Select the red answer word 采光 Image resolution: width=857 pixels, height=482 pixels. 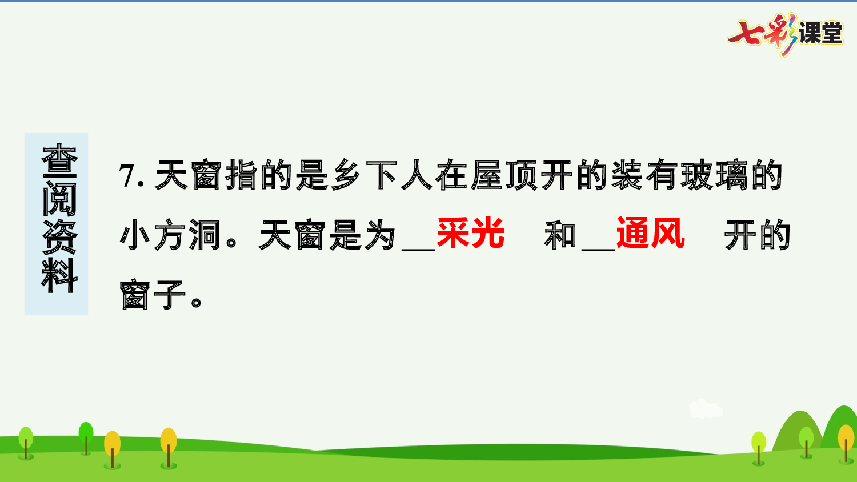click(470, 234)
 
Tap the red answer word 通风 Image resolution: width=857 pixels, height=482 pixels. click(650, 234)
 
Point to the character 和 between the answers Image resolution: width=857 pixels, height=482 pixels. click(560, 235)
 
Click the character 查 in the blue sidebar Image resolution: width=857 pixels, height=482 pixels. click(59, 161)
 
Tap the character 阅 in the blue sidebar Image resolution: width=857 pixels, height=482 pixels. click(59, 199)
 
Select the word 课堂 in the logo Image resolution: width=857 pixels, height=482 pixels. click(821, 33)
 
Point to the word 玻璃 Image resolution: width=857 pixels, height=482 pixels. click(713, 175)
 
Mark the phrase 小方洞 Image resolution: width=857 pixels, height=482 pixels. click(170, 235)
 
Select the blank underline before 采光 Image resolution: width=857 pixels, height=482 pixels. click(418, 248)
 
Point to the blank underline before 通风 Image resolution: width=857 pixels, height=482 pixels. click(598, 248)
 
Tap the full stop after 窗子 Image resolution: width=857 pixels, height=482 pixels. click(196, 301)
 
